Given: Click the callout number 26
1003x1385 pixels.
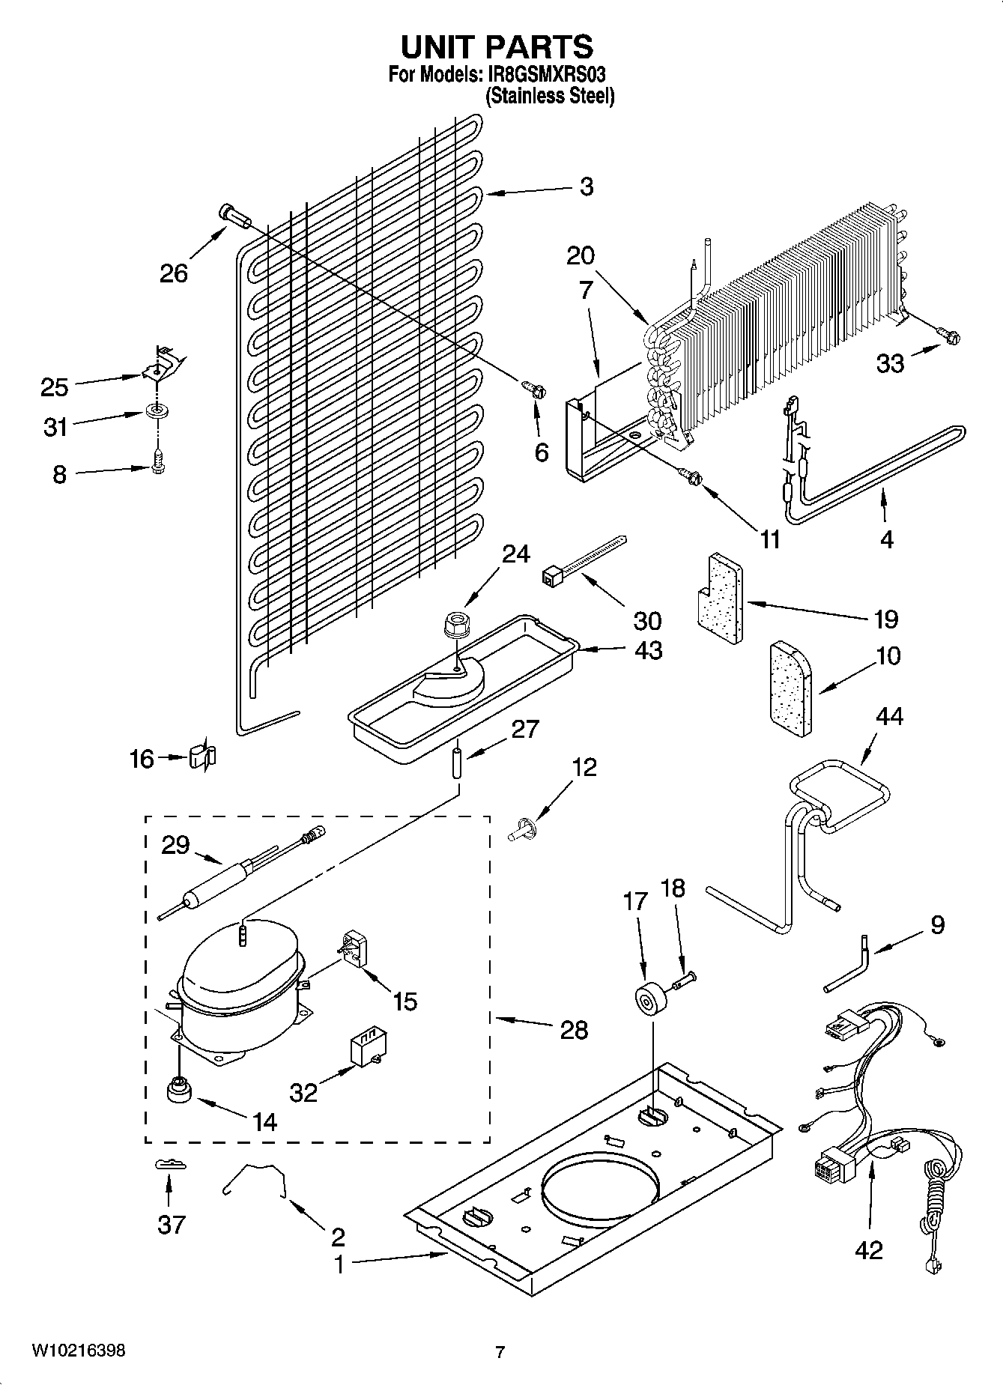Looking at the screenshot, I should point(173,273).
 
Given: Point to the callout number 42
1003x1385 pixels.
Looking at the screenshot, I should point(868,1249).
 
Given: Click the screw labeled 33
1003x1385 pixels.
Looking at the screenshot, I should point(948,337).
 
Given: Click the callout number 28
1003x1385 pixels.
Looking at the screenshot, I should point(574,1031).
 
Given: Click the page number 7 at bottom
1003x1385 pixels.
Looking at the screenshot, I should point(500,1352).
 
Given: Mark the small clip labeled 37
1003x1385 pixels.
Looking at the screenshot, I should point(171,1163).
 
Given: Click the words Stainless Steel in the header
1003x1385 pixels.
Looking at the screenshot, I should point(550,96).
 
